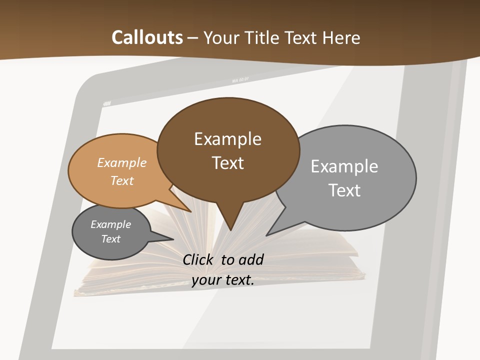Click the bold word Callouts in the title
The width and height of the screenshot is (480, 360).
point(147,37)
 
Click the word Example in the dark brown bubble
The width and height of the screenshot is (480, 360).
point(227,139)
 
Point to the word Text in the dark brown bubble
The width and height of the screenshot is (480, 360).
point(227,163)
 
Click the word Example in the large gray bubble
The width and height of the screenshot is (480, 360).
point(344,166)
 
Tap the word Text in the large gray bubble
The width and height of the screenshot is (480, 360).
point(344,190)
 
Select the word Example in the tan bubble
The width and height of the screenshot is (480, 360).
point(122,162)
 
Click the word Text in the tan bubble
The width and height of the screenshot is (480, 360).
point(122,180)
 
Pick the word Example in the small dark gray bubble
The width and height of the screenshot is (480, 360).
point(110,224)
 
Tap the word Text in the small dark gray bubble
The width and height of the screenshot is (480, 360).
point(110,239)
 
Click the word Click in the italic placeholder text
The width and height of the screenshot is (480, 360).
point(198,259)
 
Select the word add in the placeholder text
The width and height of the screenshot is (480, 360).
point(251,259)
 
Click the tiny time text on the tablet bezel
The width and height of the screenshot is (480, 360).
point(240,80)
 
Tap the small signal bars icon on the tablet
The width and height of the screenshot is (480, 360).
point(107,104)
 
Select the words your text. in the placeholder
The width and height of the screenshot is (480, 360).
point(222,280)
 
